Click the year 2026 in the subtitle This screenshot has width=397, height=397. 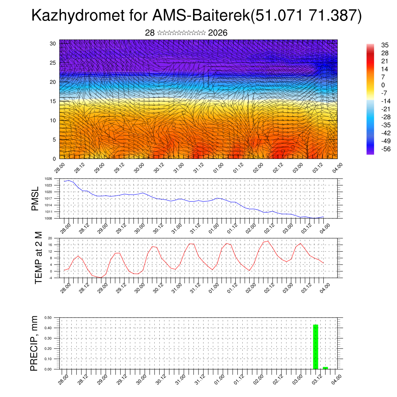[218, 33]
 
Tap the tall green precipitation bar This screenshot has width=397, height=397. [316, 347]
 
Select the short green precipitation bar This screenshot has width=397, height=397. [325, 368]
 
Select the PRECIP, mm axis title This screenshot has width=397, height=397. [35, 343]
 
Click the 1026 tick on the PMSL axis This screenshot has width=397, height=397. [48, 179]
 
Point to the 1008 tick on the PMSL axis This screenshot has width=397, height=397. [48, 218]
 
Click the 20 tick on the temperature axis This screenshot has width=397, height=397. [50, 238]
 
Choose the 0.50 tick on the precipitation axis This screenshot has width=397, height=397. [48, 318]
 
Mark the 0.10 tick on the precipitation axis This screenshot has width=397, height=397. [48, 359]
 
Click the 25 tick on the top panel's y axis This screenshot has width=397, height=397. [53, 63]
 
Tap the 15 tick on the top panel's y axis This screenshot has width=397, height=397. [53, 101]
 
